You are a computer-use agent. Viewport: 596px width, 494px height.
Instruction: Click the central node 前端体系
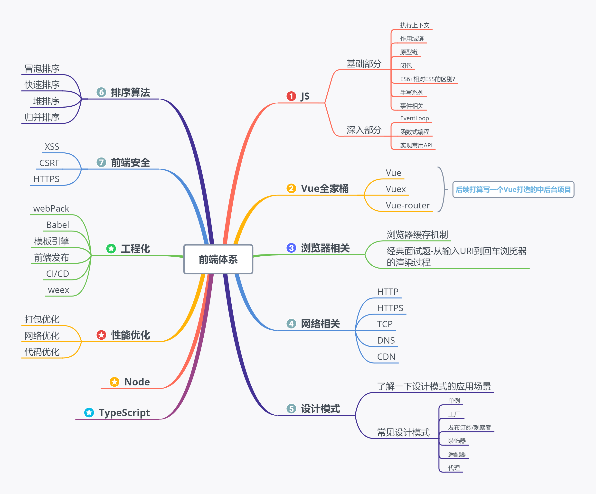pyautogui.click(x=218, y=259)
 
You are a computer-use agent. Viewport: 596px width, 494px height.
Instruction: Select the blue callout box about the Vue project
pyautogui.click(x=513, y=190)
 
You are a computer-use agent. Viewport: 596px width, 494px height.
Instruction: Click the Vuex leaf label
pyautogui.click(x=396, y=189)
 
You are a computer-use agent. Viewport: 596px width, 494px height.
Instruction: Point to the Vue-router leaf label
pyautogui.click(x=407, y=205)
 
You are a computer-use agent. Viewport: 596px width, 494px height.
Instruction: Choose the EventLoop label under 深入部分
pyautogui.click(x=414, y=118)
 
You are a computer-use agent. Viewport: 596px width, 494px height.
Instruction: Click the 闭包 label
pyautogui.click(x=406, y=66)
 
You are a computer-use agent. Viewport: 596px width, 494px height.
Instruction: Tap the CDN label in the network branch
pyautogui.click(x=386, y=357)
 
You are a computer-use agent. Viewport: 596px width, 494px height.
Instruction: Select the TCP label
pyautogui.click(x=385, y=324)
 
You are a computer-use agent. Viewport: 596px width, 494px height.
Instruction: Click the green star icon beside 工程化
pyautogui.click(x=111, y=249)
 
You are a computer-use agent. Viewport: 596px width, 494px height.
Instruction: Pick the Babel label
pyautogui.click(x=58, y=225)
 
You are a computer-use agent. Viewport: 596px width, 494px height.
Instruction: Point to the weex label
pyautogui.click(x=58, y=290)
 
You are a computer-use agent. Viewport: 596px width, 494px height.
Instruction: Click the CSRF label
pyautogui.click(x=49, y=163)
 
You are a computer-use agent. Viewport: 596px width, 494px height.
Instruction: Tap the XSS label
pyautogui.click(x=52, y=147)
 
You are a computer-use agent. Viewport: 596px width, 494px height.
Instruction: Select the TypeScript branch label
pyautogui.click(x=124, y=413)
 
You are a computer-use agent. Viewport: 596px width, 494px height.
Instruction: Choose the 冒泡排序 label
pyautogui.click(x=42, y=69)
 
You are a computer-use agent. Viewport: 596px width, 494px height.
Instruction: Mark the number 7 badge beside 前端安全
pyautogui.click(x=101, y=162)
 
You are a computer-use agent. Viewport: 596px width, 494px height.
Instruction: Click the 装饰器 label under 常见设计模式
pyautogui.click(x=457, y=441)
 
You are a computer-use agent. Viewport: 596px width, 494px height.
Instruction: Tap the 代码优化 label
pyautogui.click(x=42, y=352)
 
